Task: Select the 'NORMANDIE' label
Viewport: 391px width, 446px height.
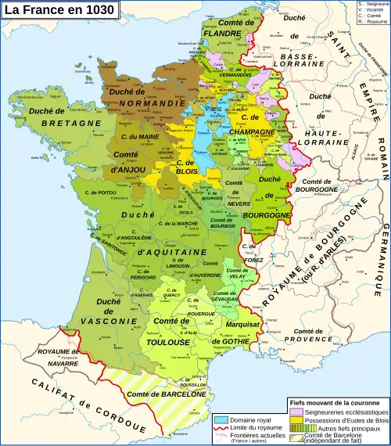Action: pos(143,103)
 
